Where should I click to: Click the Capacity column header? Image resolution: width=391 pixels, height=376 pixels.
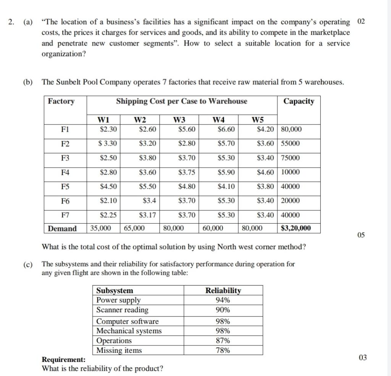pos(299,101)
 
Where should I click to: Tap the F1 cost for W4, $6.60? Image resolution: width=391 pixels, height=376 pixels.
pos(226,129)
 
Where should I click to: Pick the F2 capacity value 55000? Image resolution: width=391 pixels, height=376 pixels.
pos(291,144)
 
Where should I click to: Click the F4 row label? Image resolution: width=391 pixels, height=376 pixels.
pos(65,172)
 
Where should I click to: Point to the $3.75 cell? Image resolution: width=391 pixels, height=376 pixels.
pos(187,172)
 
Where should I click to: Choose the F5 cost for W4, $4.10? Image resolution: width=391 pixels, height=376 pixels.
pos(226,187)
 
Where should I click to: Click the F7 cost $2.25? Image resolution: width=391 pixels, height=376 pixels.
pos(108,215)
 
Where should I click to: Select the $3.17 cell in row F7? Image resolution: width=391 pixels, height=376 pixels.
pos(147,215)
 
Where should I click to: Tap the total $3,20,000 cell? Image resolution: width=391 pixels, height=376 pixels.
pos(296,228)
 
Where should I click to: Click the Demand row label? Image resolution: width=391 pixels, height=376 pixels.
pos(62,229)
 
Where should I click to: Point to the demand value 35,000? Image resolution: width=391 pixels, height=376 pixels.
pos(101,228)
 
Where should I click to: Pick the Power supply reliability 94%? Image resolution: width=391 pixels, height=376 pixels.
pos(223,300)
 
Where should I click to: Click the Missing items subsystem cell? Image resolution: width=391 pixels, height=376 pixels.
pos(119,350)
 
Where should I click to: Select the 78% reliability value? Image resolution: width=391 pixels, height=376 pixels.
pos(223,350)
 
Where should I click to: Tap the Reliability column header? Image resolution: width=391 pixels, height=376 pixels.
pos(223,290)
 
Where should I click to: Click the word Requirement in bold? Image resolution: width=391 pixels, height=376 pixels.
pos(63,359)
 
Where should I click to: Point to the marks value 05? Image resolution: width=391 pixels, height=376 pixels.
pos(361,235)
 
